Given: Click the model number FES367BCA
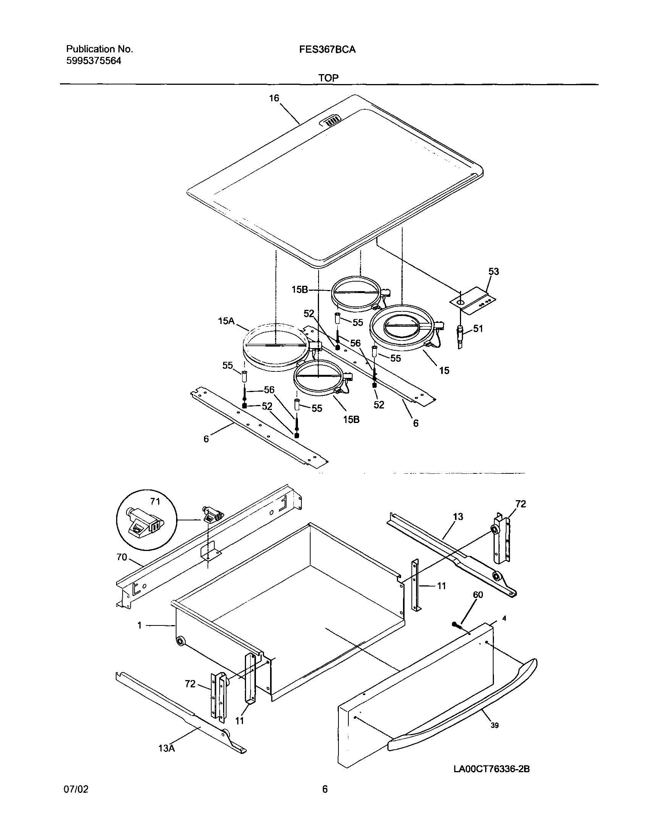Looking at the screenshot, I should [327, 49].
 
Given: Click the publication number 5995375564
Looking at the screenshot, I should [94, 61].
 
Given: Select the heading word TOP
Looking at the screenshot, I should [328, 78].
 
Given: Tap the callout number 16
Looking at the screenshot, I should [274, 99].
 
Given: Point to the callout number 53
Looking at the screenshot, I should [494, 272].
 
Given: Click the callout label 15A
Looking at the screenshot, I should [226, 321].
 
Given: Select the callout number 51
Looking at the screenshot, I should [478, 329].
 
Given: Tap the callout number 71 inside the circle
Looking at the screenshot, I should [155, 501].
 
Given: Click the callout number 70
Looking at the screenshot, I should [122, 557].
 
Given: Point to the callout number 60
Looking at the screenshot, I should [478, 595].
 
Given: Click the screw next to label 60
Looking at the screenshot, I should [456, 625].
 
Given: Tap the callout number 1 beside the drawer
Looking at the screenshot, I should [140, 625].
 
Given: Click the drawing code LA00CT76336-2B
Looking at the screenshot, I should [491, 769].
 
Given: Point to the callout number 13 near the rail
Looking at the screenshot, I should [458, 517].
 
